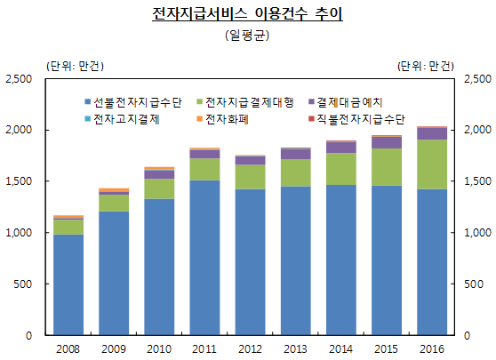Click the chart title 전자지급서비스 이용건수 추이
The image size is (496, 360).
(x=247, y=16)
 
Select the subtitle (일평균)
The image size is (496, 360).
(x=247, y=36)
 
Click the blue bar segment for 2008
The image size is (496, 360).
(x=68, y=284)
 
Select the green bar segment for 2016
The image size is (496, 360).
(x=432, y=164)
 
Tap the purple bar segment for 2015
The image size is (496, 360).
(x=387, y=142)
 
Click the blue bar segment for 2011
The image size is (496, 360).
(x=204, y=258)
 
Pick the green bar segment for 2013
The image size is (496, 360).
(x=296, y=172)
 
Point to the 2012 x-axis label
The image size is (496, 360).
(x=250, y=348)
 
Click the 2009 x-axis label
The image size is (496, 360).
(x=114, y=348)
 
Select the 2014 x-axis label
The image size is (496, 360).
(x=341, y=348)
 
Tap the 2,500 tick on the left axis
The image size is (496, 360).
(x=19, y=79)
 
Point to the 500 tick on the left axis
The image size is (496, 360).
(x=24, y=284)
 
